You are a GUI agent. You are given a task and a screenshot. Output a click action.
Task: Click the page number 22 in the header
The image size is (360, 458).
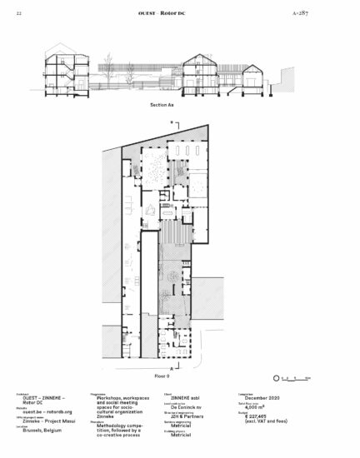click(18, 15)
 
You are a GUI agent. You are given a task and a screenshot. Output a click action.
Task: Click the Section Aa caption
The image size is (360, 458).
click(162, 107)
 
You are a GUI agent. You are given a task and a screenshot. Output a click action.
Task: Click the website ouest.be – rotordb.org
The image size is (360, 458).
click(46, 412)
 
